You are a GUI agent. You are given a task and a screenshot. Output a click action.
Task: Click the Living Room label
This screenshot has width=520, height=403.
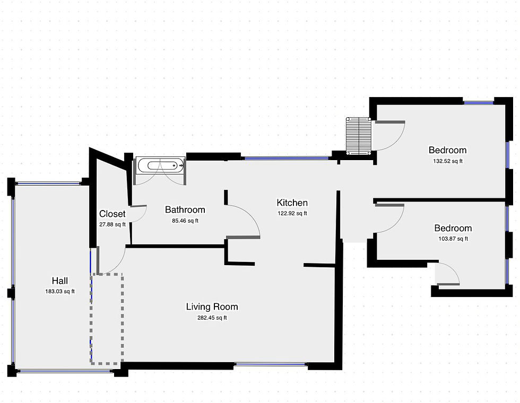pyautogui.click(x=212, y=306)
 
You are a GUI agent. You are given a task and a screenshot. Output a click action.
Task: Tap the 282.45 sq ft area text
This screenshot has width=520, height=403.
pyautogui.click(x=212, y=318)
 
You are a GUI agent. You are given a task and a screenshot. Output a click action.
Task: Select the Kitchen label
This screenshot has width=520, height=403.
pyautogui.click(x=292, y=203)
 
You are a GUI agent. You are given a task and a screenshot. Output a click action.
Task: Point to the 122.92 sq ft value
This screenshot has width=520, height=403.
pyautogui.click(x=292, y=214)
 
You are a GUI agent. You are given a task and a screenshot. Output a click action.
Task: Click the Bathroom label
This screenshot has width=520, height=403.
pyautogui.click(x=185, y=209)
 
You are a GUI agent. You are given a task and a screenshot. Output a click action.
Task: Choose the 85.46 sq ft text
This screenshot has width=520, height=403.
pyautogui.click(x=185, y=221)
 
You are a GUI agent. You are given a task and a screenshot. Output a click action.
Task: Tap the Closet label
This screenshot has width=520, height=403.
pyautogui.click(x=112, y=214)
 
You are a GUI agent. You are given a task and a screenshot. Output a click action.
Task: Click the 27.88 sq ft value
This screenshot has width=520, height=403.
pyautogui.click(x=112, y=224)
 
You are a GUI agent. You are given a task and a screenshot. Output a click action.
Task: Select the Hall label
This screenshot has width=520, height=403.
pyautogui.click(x=59, y=281)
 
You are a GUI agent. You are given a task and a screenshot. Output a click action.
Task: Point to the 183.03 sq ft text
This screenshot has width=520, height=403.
pyautogui.click(x=59, y=291)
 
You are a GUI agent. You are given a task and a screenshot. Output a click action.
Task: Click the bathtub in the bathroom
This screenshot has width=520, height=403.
pyautogui.click(x=160, y=165)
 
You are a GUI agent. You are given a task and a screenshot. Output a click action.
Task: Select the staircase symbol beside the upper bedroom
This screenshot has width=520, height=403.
pyautogui.click(x=359, y=136)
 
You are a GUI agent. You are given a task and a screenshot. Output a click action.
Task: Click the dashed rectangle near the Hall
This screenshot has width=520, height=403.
pyautogui.click(x=107, y=319)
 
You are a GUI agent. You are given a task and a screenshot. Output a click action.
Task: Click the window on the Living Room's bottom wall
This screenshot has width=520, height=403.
pyautogui.click(x=271, y=364)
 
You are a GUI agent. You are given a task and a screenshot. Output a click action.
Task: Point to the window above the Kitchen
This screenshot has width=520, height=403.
pyautogui.click(x=287, y=158)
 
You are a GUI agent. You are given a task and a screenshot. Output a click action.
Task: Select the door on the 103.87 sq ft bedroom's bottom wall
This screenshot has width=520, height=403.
pyautogui.click(x=447, y=275)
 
